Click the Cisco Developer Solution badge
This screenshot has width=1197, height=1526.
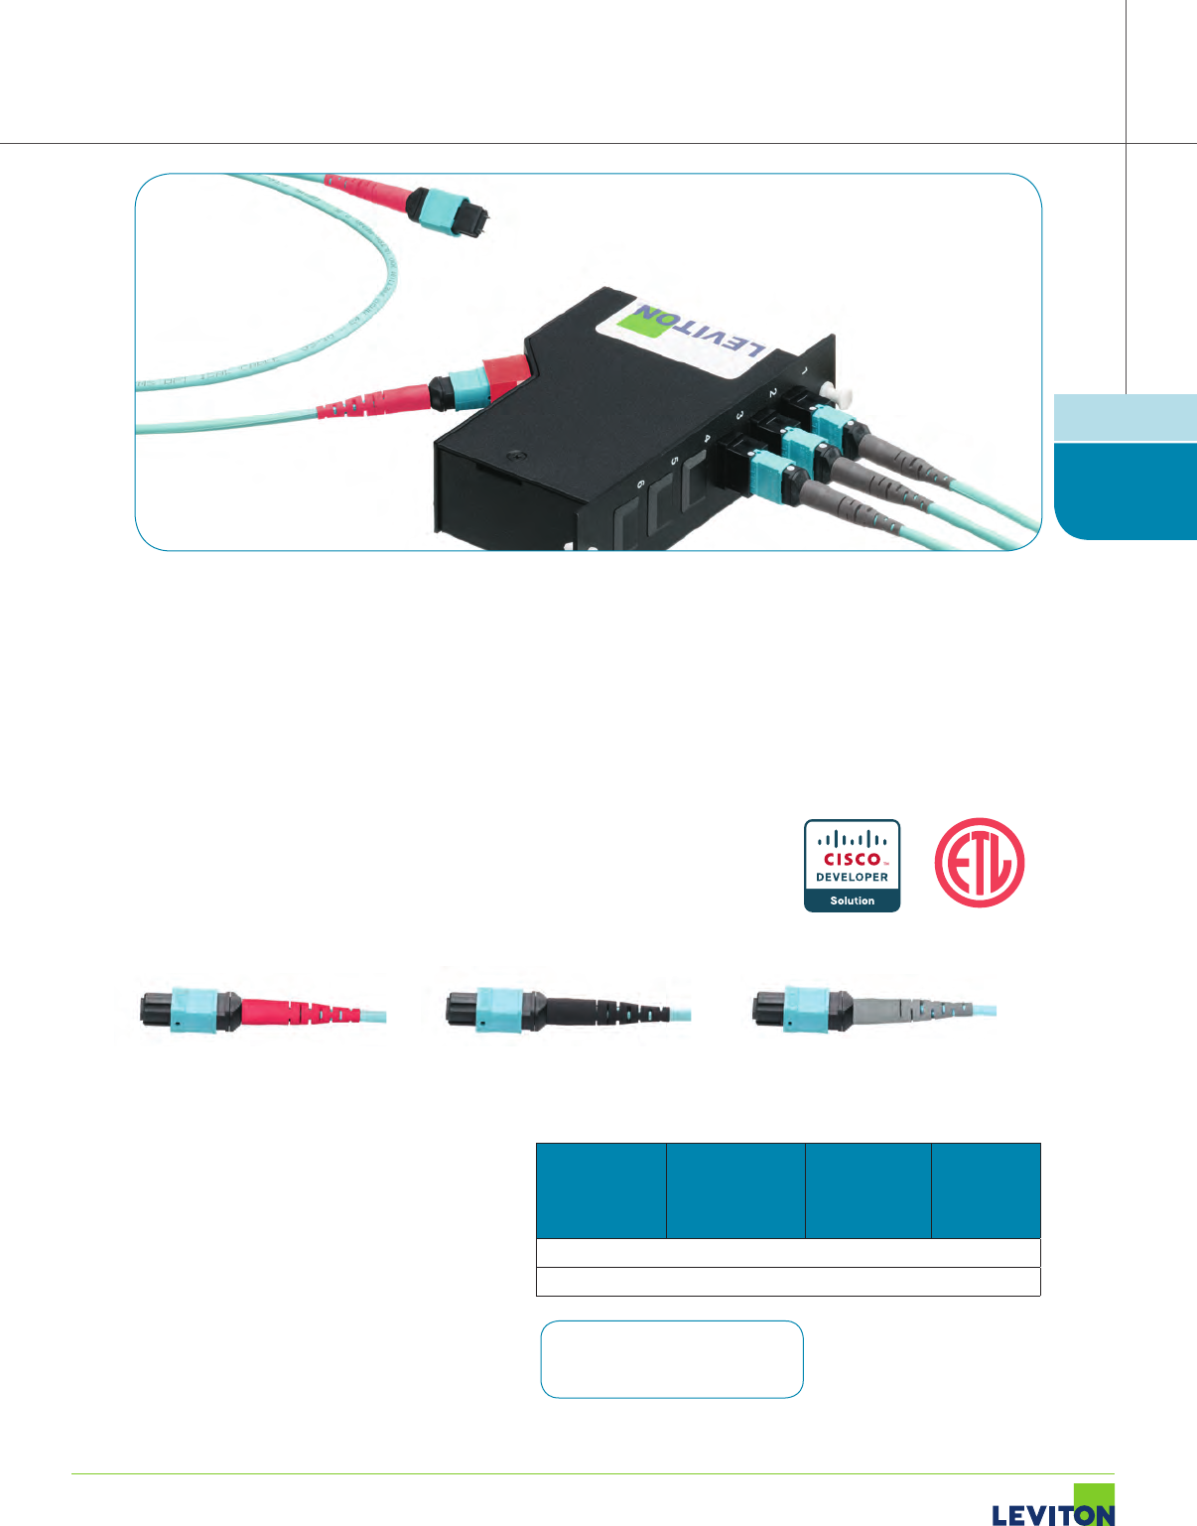click(852, 866)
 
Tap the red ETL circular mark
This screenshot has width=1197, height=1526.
click(979, 862)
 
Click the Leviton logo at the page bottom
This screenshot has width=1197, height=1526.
click(1053, 1507)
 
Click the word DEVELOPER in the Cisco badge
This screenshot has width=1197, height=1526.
click(852, 878)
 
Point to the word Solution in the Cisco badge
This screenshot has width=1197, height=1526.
click(852, 901)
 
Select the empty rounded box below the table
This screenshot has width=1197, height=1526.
click(671, 1359)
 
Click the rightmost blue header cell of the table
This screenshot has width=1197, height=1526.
click(986, 1190)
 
